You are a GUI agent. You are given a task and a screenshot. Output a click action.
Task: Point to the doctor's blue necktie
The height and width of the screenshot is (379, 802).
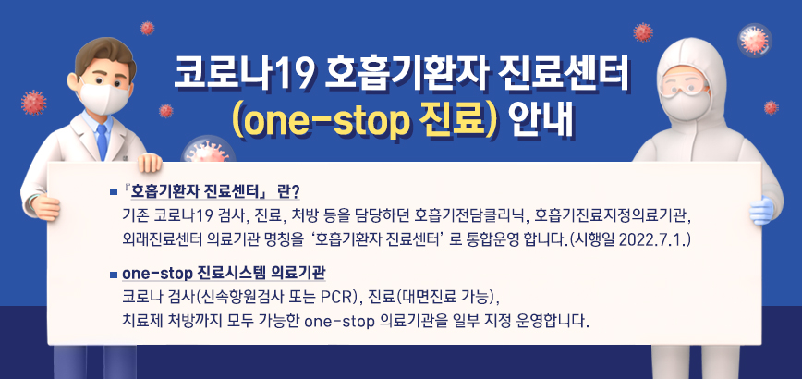(100, 139)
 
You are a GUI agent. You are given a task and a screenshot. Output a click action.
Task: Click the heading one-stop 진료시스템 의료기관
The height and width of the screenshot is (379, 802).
(224, 275)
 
